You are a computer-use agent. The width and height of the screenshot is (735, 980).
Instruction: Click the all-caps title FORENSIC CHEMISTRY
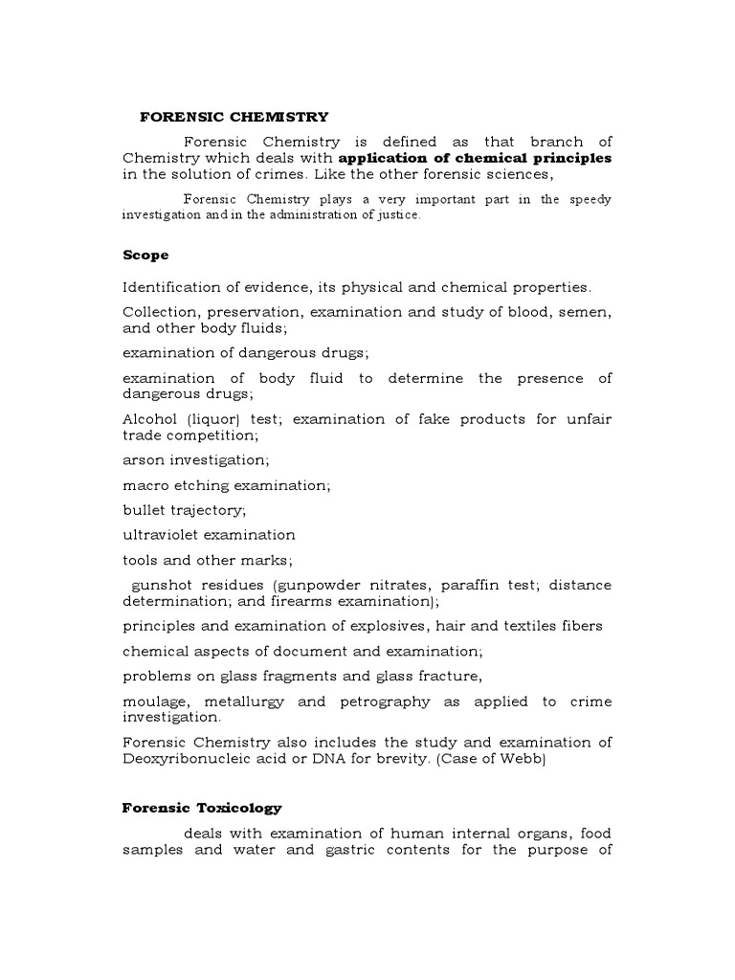234,117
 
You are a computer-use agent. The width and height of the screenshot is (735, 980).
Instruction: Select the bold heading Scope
145,256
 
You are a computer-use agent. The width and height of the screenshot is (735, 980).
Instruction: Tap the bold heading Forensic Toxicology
202,808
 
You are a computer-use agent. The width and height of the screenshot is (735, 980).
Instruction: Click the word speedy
589,200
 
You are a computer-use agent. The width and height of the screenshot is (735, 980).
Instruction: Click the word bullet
145,510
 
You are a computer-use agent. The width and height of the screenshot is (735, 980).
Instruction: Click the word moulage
157,702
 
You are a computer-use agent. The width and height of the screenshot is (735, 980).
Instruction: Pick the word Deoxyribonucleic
189,759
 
